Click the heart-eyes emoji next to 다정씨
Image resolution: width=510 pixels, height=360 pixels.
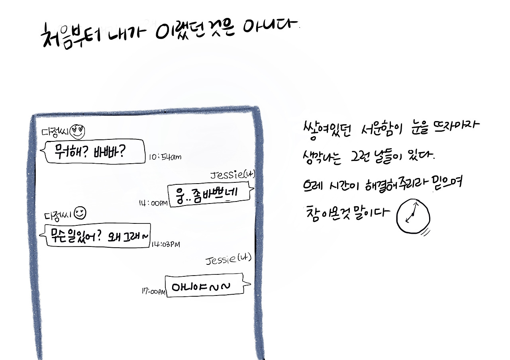pyautogui.click(x=77, y=131)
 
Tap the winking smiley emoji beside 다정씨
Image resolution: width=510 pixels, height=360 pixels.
pyautogui.click(x=80, y=213)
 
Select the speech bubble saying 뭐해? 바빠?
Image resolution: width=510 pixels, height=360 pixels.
pyautogui.click(x=94, y=152)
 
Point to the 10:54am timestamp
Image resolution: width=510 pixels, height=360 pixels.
pyautogui.click(x=165, y=157)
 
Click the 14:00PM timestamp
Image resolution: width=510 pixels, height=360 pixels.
pyautogui.click(x=153, y=203)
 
